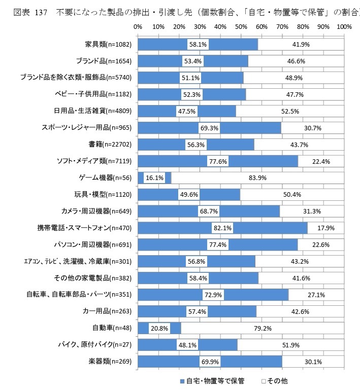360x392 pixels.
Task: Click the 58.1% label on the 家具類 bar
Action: tap(198, 45)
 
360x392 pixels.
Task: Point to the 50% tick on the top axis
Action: tap(241, 26)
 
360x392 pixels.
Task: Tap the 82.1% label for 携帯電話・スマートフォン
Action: tap(222, 228)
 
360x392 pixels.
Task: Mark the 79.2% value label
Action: tap(262, 328)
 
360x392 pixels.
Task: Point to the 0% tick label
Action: tap(138, 26)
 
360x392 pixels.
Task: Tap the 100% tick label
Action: tap(344, 26)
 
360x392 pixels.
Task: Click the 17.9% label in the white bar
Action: tap(325, 228)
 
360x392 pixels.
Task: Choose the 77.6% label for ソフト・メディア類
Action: tap(217, 161)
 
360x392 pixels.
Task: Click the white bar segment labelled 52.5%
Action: tap(290, 111)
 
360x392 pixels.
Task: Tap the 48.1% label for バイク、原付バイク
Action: tap(187, 345)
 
